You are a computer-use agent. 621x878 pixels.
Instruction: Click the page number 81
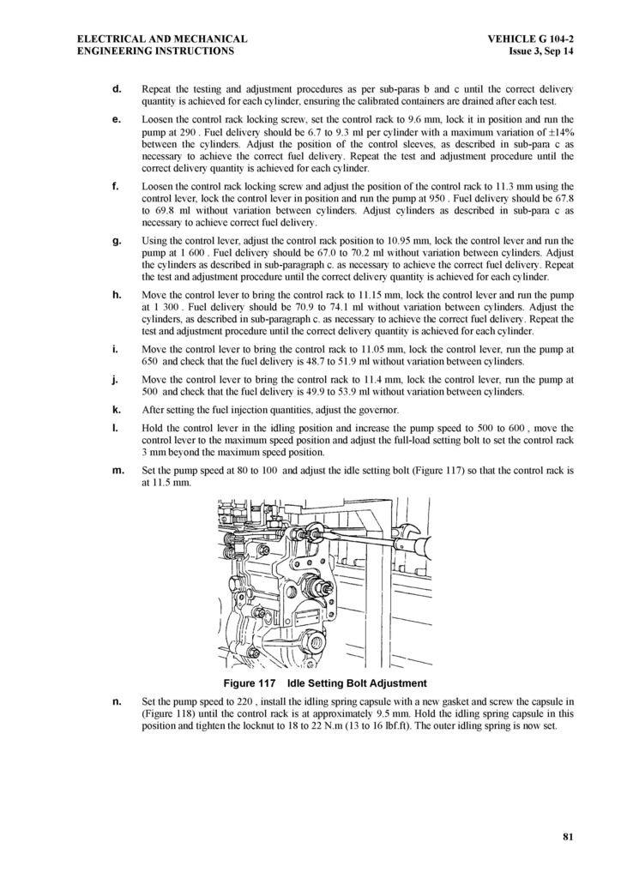(568, 837)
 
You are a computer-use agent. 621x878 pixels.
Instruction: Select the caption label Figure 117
(249, 683)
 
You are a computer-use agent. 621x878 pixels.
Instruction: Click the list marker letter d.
(116, 89)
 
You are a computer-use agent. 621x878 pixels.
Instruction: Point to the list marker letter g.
(116, 241)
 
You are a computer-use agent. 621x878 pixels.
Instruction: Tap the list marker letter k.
(116, 409)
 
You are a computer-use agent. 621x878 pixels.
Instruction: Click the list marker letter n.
(116, 701)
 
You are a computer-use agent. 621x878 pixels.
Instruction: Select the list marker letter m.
(118, 470)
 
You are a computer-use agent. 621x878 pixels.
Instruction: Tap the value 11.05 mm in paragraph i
(400, 351)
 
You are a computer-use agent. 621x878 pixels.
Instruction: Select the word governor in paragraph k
(376, 410)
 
